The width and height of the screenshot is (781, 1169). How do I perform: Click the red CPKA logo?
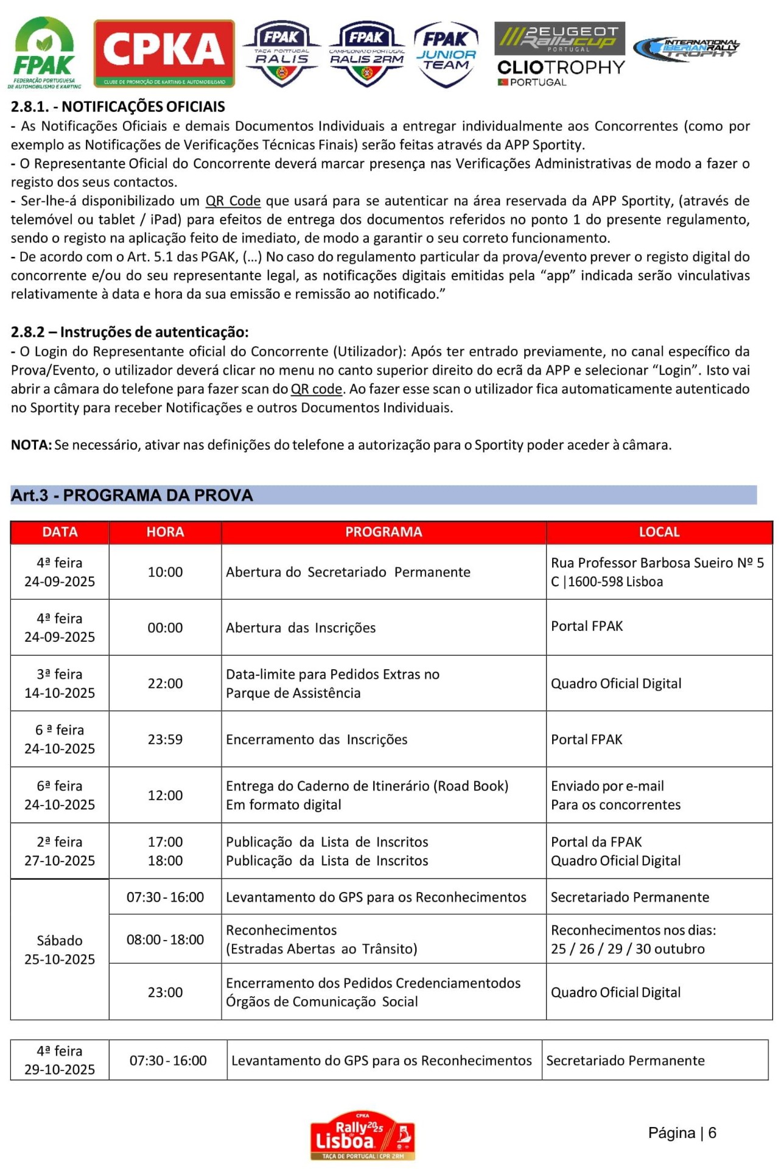164,53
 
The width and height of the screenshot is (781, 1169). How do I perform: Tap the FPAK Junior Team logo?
446,54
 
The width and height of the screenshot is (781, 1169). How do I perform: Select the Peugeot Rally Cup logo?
559,38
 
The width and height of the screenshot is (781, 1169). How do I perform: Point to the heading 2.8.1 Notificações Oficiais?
118,107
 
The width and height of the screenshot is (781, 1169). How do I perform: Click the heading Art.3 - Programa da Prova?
131,495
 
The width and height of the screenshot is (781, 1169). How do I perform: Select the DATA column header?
60,532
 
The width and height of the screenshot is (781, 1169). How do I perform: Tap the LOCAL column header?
659,532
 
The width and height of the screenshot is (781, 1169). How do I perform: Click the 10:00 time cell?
165,572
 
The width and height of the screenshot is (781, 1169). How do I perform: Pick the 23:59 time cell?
165,739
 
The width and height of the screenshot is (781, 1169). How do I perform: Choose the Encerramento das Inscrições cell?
317,739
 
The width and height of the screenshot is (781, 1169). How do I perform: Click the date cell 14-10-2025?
60,684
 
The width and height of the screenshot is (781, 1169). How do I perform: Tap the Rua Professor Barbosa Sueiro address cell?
657,572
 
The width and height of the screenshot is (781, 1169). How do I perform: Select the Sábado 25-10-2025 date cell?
60,949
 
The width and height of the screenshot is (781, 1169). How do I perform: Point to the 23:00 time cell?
165,992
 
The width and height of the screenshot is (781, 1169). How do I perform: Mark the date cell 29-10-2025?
60,1060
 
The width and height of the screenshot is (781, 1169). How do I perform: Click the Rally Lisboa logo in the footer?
362,1135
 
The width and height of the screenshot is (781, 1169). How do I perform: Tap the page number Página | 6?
682,1132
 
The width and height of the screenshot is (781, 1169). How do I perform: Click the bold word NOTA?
31,445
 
